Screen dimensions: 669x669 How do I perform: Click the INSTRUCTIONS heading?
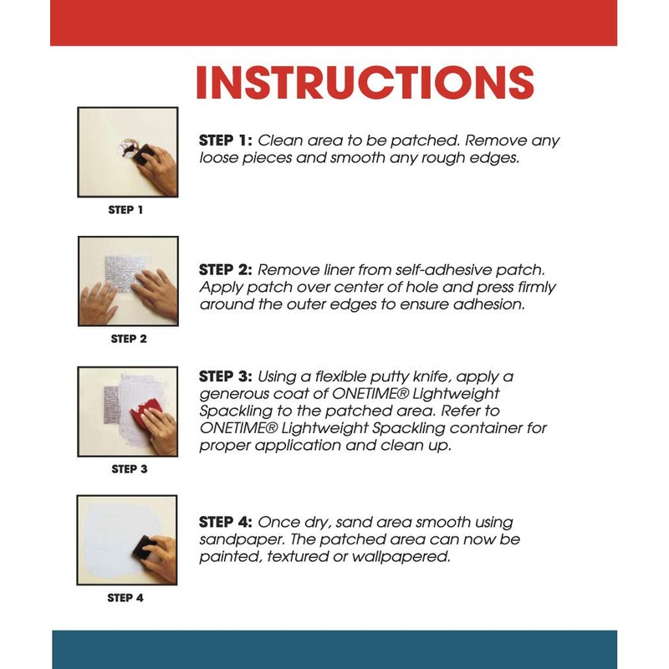tap(365, 82)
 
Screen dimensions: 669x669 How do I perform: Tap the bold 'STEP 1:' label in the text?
tap(226, 140)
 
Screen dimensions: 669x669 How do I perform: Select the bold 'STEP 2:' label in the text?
tap(226, 269)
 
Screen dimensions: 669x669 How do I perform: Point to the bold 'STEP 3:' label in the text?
tap(226, 376)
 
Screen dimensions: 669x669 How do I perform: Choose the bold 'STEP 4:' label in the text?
tap(226, 522)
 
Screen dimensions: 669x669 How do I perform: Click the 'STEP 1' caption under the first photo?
tap(125, 210)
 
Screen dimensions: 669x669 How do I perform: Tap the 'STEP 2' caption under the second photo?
tap(129, 339)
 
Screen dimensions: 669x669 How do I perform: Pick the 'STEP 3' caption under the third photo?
tap(130, 469)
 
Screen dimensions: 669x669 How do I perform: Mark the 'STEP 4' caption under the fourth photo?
tap(125, 598)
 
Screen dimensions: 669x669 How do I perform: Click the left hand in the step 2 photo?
tap(97, 304)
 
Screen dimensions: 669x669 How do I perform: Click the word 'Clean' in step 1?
tap(280, 140)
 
